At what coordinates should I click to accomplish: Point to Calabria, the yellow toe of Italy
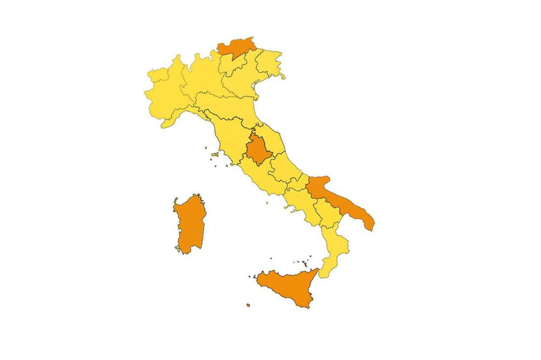334,249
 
